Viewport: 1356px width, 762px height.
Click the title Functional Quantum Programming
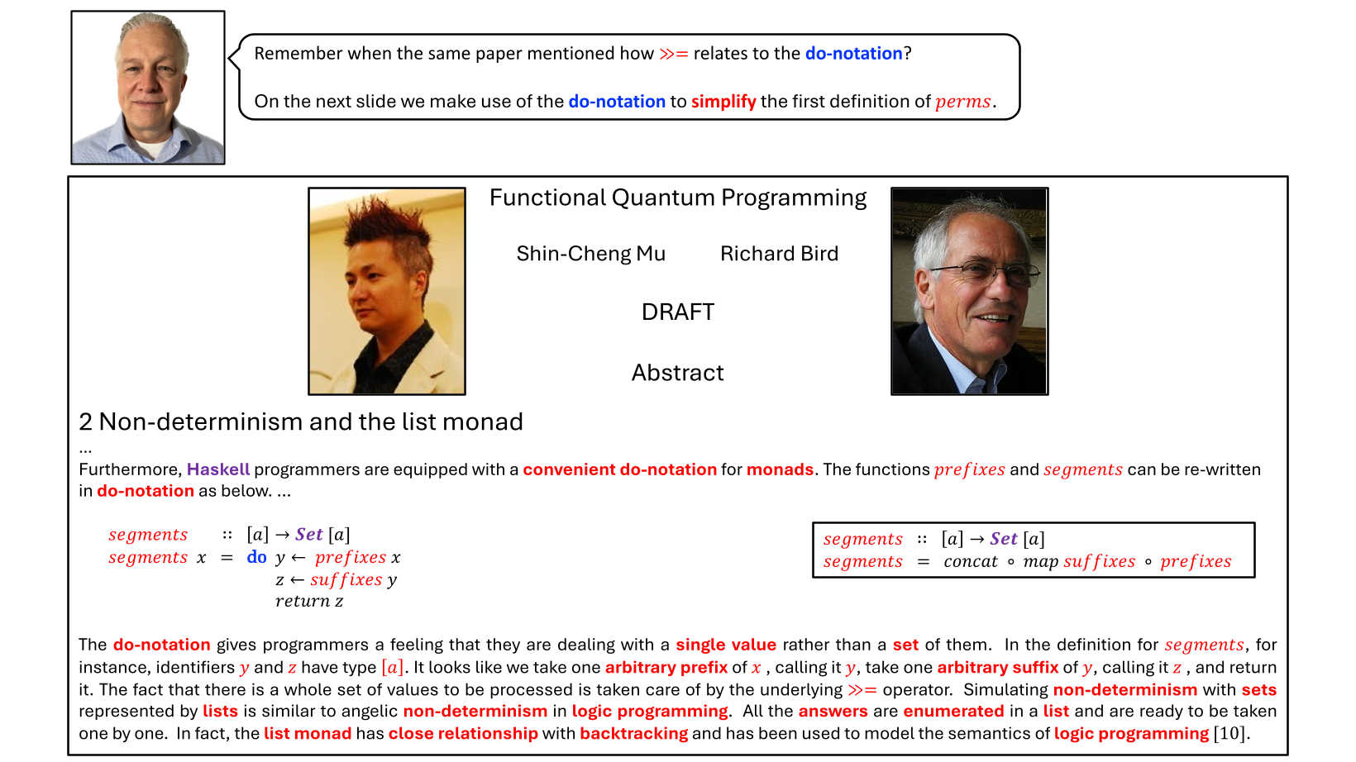pos(677,198)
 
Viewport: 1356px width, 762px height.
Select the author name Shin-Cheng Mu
pos(590,254)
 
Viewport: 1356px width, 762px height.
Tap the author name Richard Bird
pos(779,254)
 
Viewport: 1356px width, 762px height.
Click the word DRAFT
pos(677,312)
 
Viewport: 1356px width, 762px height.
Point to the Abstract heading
pos(677,373)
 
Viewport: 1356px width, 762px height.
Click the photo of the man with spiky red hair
pos(386,291)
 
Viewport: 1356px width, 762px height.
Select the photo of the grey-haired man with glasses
pos(969,291)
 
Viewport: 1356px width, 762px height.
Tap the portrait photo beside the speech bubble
pos(148,88)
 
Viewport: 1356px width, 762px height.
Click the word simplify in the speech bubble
pos(723,102)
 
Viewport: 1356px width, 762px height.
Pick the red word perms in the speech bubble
pos(963,102)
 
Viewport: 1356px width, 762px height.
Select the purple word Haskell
pos(218,469)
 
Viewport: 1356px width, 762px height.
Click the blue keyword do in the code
pos(256,558)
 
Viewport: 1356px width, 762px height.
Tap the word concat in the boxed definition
pos(970,562)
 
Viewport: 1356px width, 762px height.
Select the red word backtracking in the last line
pos(633,734)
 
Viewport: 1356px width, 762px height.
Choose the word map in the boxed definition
pos(1040,562)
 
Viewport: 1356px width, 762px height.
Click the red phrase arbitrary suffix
pos(997,668)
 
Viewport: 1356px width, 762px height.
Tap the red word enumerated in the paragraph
pos(953,712)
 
